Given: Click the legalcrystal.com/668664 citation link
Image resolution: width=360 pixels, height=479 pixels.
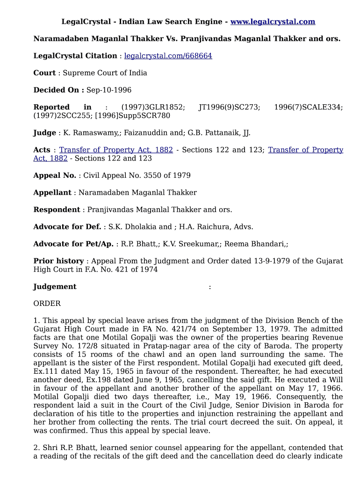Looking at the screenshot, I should (x=168, y=56).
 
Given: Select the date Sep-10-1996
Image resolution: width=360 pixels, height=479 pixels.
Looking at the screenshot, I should (x=109, y=90).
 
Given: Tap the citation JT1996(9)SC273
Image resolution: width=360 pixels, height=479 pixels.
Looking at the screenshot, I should (x=229, y=107).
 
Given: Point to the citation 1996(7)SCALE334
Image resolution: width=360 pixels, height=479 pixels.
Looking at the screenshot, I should (x=308, y=107).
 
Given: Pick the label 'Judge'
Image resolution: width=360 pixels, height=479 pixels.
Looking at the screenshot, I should (x=44, y=133).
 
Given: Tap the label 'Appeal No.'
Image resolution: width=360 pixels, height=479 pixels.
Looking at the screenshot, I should (x=54, y=175).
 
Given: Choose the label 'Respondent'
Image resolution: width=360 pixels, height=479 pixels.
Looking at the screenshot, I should (x=57, y=210).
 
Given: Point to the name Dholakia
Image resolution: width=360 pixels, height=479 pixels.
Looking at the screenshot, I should (x=140, y=227).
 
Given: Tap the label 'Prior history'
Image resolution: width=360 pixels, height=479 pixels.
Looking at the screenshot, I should (x=58, y=261).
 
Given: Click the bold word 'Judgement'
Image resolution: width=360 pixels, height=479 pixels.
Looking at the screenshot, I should (x=55, y=287).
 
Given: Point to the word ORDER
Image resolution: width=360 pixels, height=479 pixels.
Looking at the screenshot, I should (x=47, y=304).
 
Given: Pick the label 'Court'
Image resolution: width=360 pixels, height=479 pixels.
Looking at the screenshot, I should (x=44, y=73).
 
